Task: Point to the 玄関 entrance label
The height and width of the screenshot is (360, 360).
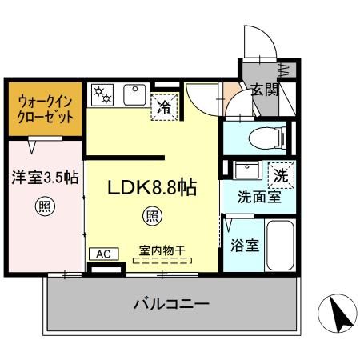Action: (264, 90)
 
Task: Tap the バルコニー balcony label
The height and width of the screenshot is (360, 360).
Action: (170, 305)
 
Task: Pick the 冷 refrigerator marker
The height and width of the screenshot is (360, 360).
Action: (163, 105)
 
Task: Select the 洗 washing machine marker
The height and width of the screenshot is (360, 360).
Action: (281, 172)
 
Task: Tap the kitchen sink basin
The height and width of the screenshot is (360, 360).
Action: (134, 95)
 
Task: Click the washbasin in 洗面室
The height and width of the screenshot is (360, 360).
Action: (246, 170)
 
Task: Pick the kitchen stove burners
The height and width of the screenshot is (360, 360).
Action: (103, 95)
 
